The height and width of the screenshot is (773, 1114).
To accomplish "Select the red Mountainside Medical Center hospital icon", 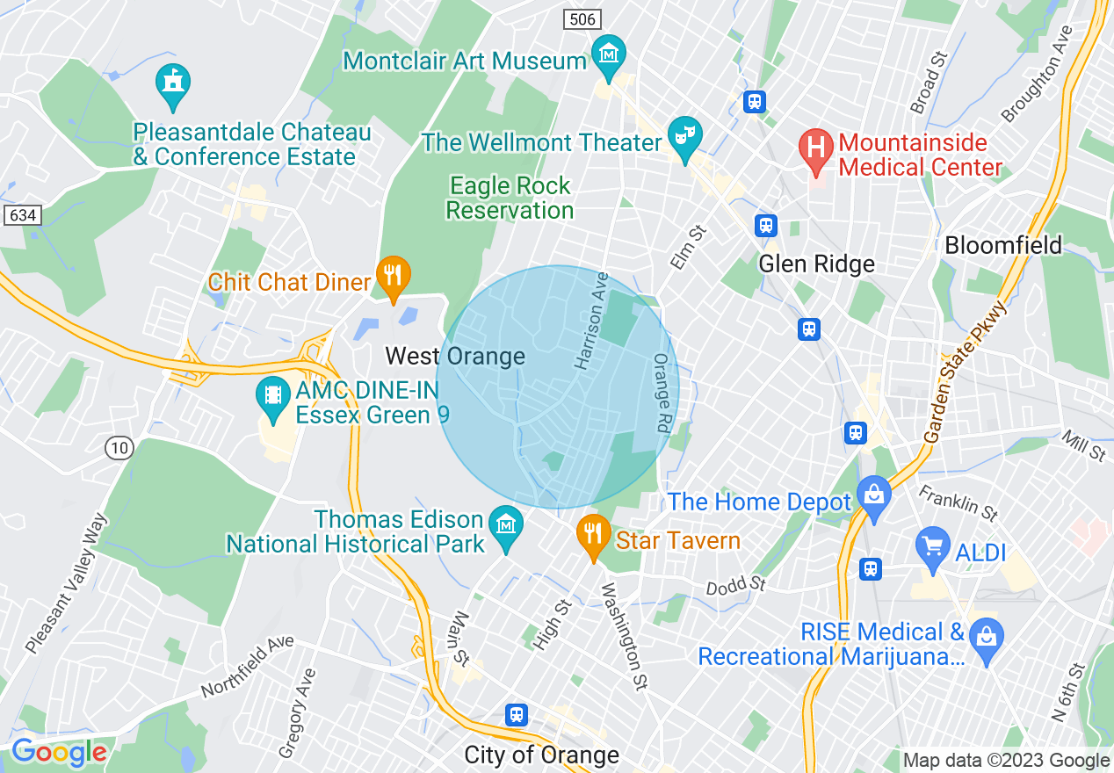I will coord(815,147).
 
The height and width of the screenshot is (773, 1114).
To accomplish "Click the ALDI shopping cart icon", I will coord(932,546).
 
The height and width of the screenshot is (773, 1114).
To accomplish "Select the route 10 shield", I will coord(119,449).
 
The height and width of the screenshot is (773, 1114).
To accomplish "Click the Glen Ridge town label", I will coord(816,264).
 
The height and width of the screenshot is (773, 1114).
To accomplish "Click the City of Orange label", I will coord(541,755).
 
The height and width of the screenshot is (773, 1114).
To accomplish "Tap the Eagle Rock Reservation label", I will coord(510,199).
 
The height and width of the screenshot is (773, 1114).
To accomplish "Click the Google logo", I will coord(58,752).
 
